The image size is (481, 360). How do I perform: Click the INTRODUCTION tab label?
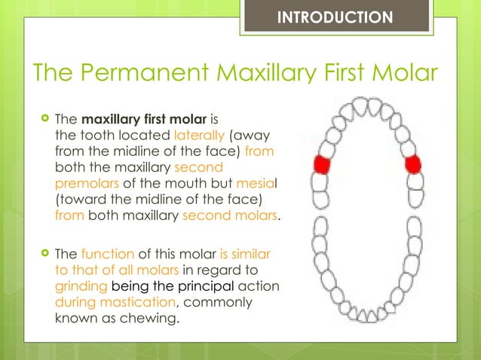[x=335, y=17]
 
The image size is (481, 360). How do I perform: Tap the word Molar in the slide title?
[x=402, y=74]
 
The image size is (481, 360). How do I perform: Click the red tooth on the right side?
[x=412, y=164]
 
